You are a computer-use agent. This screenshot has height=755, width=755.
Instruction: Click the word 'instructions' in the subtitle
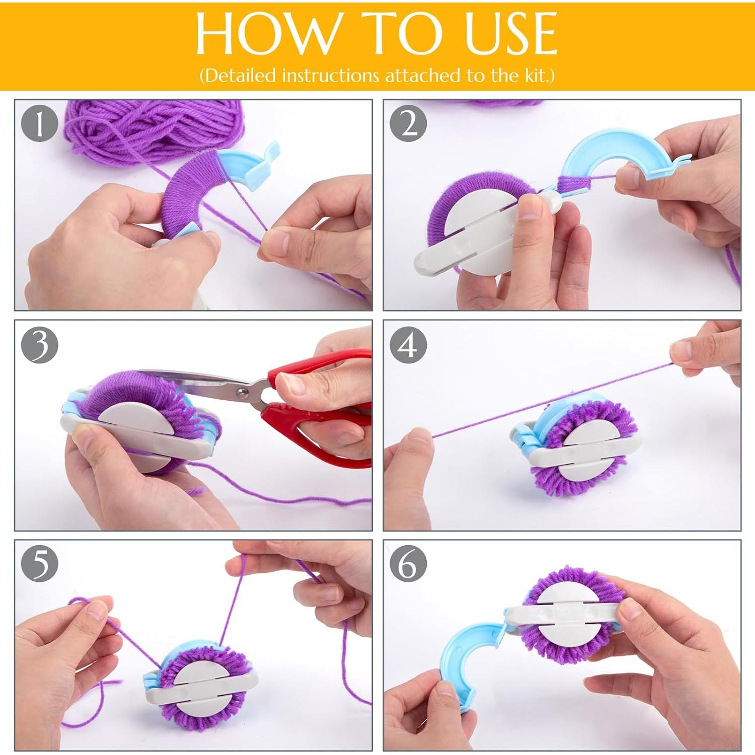point(330,75)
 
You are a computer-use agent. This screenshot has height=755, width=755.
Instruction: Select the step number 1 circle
point(40,123)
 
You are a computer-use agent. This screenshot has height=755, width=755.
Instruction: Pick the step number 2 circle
point(409,123)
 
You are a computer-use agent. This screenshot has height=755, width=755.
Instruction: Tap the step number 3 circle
point(40,344)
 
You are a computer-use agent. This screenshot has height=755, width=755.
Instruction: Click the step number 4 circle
point(409,344)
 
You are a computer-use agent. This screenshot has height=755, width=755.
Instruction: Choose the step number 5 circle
point(40,564)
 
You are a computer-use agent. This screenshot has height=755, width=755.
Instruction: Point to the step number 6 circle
point(409,564)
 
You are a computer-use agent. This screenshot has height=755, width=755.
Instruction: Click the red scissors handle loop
point(322,433)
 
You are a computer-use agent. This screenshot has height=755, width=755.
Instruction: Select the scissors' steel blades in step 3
point(201,383)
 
